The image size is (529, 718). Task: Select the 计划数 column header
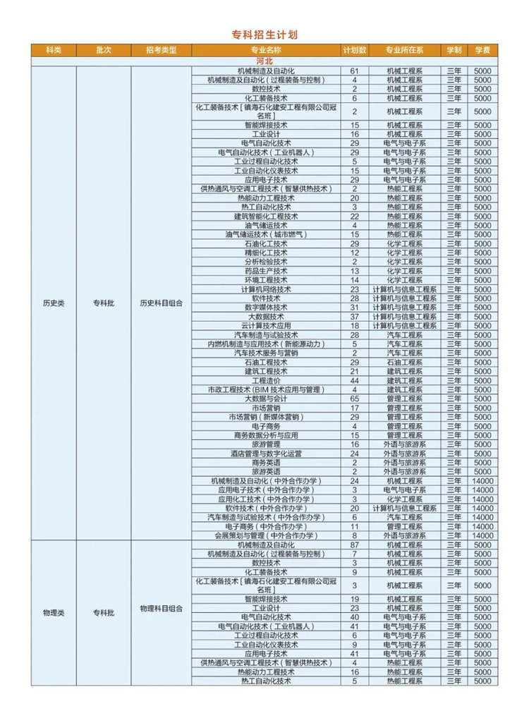[355, 50]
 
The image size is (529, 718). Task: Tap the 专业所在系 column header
[404, 50]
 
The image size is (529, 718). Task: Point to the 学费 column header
[482, 50]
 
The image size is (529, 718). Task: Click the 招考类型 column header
[161, 50]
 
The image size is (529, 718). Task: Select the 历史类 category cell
[54, 303]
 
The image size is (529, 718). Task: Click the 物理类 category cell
[54, 613]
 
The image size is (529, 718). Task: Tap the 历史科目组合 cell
[161, 303]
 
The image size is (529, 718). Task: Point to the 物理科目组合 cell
[161, 608]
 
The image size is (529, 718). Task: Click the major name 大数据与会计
[265, 398]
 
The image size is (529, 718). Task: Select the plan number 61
[355, 71]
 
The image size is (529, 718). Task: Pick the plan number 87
[355, 545]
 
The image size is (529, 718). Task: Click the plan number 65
[355, 398]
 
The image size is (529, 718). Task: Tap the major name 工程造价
[265, 380]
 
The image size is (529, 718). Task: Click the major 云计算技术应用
[265, 326]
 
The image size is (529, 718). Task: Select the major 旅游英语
[265, 471]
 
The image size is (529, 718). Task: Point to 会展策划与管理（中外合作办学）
[265, 535]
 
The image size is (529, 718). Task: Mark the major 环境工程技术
[265, 280]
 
